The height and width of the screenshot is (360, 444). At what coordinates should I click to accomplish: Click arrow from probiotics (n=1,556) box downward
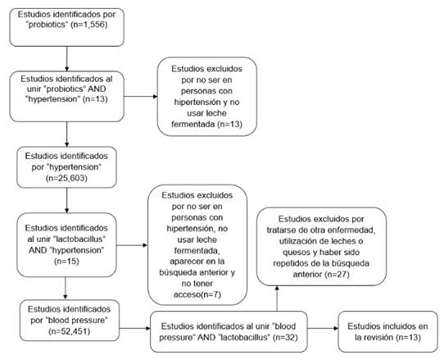[65, 57]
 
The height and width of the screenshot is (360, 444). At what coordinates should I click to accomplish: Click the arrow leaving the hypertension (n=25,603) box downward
[65, 199]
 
